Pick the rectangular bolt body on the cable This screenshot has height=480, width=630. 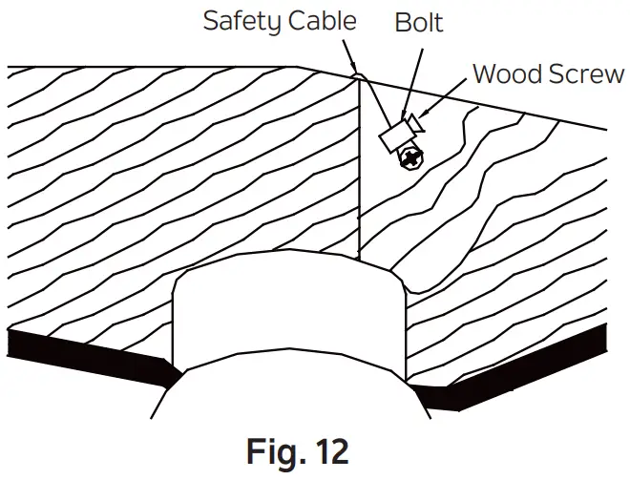coord(394,137)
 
